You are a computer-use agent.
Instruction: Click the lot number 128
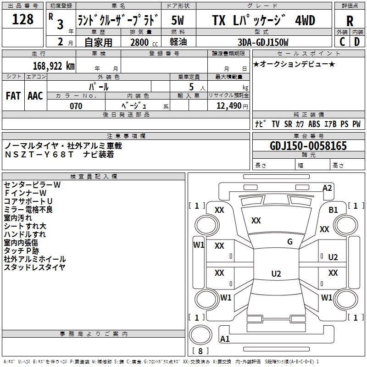pos(22,19)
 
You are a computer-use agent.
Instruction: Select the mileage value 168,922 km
pos(54,66)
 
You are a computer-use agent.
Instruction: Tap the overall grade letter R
pos(350,21)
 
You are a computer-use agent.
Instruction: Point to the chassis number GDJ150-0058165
pos(308,146)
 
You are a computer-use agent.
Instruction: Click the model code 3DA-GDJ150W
pos(263,42)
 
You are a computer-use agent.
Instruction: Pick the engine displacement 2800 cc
pos(144,42)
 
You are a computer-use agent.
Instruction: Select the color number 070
pos(76,106)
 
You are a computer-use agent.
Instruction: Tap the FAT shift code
pos(13,96)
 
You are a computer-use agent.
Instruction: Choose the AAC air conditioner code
pos(35,96)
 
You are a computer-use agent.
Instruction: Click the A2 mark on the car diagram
pos(327,188)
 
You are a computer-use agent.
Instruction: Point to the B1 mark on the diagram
pos(333,210)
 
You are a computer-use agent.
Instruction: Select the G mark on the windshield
pos(290,242)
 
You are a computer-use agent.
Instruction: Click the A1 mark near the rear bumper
pos(225,339)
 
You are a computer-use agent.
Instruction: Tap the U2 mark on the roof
pos(276,273)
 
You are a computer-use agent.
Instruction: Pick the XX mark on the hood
pos(256,221)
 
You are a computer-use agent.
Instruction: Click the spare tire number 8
pos(200,351)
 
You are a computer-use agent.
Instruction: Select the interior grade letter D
pos(357,42)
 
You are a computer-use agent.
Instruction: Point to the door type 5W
pos(178,21)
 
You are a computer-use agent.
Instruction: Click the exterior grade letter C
pos(342,42)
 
